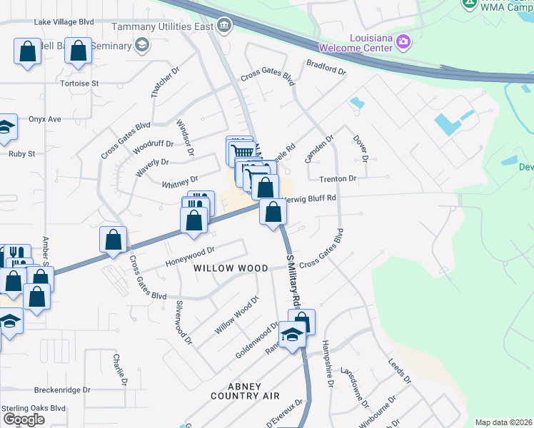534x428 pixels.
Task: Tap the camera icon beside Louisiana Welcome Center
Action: (x=404, y=42)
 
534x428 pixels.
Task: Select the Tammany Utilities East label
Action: (x=163, y=27)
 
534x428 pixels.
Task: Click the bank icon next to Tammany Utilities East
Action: (x=225, y=27)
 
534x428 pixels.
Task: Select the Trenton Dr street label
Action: (x=338, y=178)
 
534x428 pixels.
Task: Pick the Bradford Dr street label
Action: (x=326, y=71)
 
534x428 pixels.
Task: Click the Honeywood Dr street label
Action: (x=189, y=256)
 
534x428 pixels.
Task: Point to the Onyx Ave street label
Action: (x=45, y=119)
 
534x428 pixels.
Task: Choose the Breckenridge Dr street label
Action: (x=62, y=390)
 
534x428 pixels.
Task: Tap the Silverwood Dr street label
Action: (x=184, y=322)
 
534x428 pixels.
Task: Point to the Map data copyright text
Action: (x=503, y=422)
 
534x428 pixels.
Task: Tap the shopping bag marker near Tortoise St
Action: (x=79, y=51)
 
